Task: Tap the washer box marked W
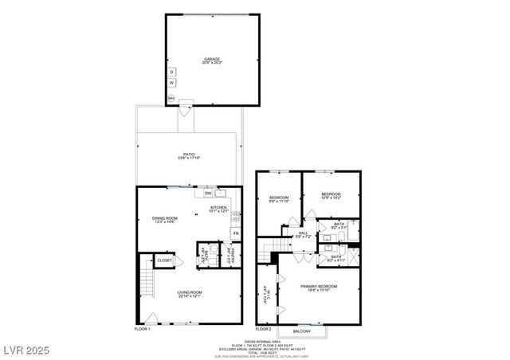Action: pos(171,83)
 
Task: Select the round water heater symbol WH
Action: pos(171,99)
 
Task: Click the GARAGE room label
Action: pos(213,59)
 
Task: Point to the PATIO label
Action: pos(189,155)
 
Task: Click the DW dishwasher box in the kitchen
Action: pos(208,193)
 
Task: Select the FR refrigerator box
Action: pos(236,233)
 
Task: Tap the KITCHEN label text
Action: pos(219,207)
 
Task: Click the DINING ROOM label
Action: pos(166,218)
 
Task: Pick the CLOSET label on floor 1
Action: pos(165,260)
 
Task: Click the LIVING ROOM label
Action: pos(190,292)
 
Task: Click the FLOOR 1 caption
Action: pos(143,328)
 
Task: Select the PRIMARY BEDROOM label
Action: pos(319,286)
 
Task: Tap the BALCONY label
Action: pos(302,331)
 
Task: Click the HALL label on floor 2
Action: pos(303,233)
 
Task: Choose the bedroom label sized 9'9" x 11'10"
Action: pos(278,198)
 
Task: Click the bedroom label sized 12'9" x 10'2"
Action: pos(331,195)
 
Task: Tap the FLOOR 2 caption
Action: pos(264,328)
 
